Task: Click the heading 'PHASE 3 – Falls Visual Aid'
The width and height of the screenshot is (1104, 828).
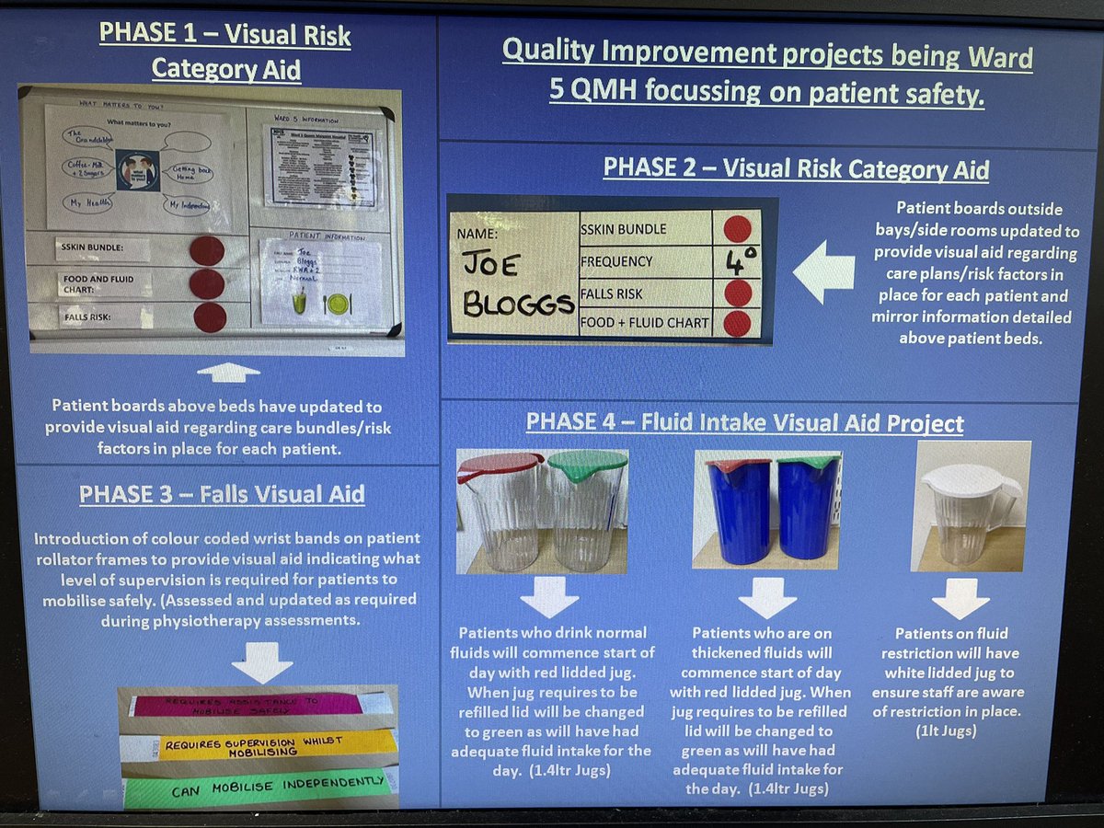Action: tap(222, 494)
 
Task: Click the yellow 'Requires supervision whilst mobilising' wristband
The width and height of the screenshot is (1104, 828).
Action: tap(267, 743)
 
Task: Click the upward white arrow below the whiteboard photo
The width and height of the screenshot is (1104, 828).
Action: tap(229, 373)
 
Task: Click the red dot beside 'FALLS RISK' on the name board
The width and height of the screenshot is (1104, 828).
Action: tap(737, 293)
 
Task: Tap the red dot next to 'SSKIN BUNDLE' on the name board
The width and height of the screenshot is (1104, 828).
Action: tap(737, 229)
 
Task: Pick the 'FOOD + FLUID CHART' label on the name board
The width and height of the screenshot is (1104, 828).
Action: tap(644, 323)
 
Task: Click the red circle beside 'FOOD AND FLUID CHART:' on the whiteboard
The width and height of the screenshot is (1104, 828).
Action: tap(207, 283)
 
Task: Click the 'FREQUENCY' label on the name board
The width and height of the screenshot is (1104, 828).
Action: tap(616, 261)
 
